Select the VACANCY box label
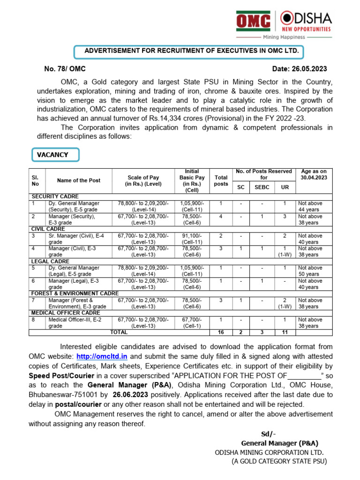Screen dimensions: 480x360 [x=55, y=155]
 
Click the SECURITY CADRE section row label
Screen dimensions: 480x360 [x=55, y=196]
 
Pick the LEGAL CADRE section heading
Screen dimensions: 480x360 [x=50, y=261]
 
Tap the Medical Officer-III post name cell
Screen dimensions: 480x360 [x=74, y=322]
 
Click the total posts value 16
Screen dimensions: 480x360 [x=221, y=332]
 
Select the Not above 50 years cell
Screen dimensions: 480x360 [x=310, y=271]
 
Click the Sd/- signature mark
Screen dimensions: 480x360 [x=269, y=433]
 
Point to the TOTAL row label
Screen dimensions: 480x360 [x=119, y=332]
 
